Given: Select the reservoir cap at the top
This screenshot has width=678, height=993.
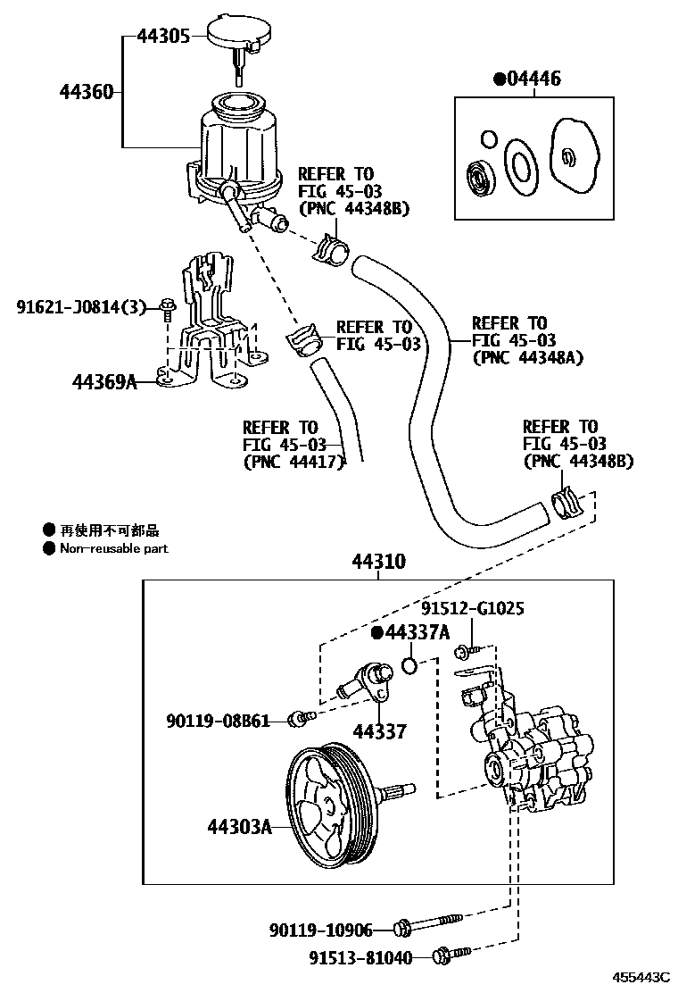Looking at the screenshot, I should coord(237,34).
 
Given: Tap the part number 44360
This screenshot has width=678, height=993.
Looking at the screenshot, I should coord(87,91).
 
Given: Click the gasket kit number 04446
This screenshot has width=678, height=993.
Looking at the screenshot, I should coord(533,79).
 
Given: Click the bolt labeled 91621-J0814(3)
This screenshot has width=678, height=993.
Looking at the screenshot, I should coord(168,309).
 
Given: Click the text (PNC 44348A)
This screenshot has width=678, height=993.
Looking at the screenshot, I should coord(526,357).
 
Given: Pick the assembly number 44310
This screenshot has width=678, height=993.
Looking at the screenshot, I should coord(378,563).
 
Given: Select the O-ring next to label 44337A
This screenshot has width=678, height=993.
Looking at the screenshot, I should coord(410,664).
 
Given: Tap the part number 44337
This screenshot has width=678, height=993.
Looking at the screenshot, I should coord(379,732).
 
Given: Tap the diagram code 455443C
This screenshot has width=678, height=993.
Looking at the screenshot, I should coord(641,980).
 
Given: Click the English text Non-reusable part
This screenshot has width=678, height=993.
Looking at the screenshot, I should coord(113,548).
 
